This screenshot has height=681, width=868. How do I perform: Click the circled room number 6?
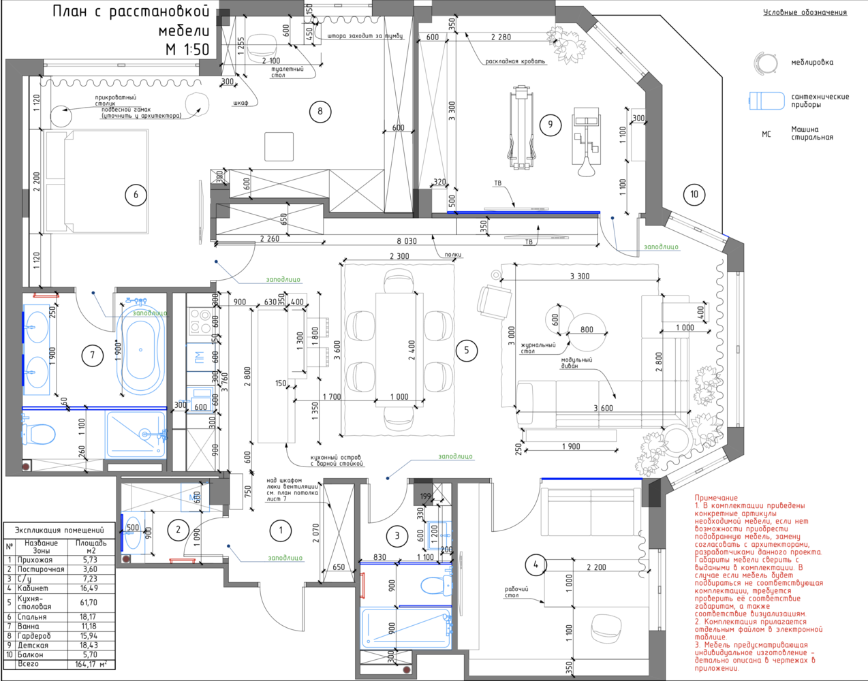[x=136, y=195]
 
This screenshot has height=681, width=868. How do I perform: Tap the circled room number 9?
[x=551, y=124]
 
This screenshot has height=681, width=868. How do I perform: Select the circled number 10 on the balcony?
[x=694, y=194]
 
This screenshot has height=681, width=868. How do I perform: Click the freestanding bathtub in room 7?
[x=141, y=349]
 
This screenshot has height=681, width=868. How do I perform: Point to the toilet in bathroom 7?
[x=42, y=433]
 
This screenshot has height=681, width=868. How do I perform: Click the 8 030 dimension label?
[x=407, y=241]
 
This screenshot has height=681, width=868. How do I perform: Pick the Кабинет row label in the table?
[x=33, y=588]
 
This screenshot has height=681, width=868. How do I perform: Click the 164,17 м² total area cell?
[x=91, y=664]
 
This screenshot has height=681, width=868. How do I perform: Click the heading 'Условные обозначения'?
[x=805, y=12]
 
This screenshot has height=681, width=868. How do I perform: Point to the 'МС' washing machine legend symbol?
[x=766, y=134]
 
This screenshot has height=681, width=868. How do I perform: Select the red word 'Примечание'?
[x=716, y=498]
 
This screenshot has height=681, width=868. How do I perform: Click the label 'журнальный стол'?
[x=538, y=348]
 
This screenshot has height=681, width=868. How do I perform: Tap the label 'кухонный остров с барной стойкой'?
[x=337, y=460]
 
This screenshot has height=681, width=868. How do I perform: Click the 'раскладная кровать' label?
[x=515, y=61]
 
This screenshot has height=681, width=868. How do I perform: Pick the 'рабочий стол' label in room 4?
[x=516, y=592]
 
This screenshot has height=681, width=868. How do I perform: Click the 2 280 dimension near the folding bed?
[x=501, y=37]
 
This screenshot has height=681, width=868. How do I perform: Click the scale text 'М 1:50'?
[x=187, y=49]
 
